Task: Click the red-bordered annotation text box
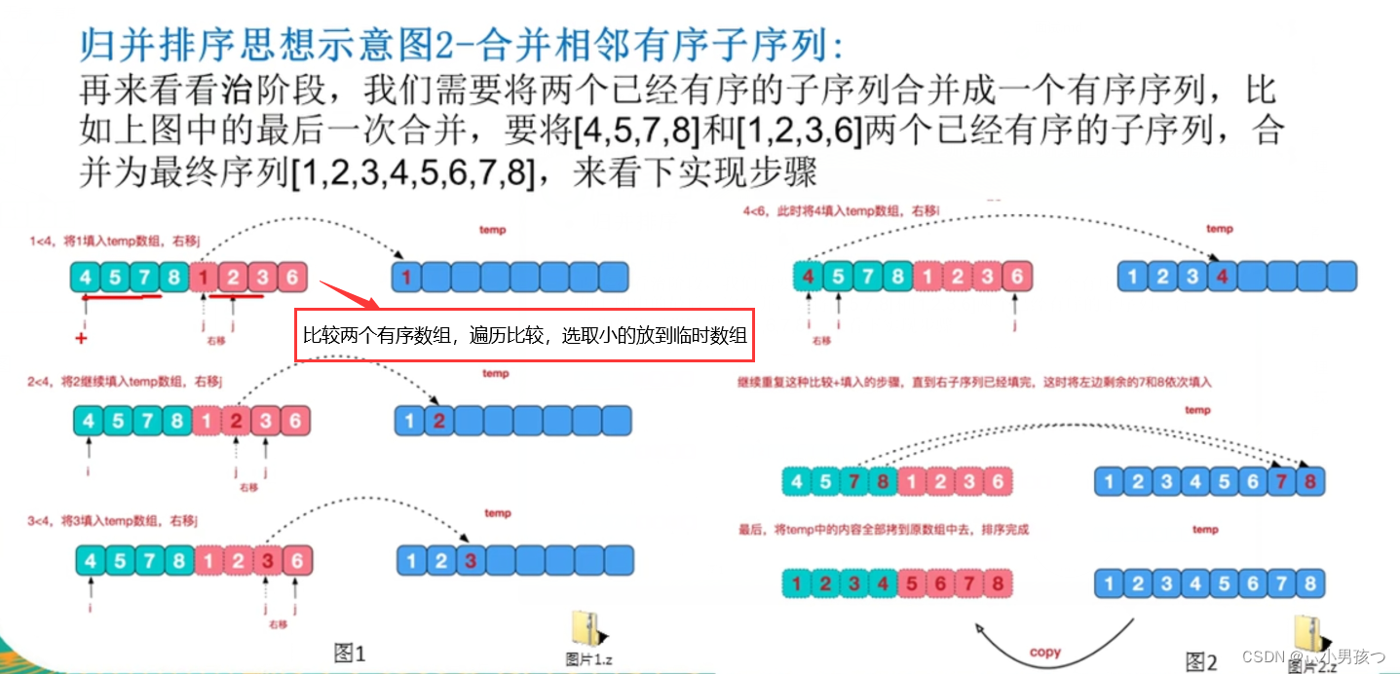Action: click(526, 335)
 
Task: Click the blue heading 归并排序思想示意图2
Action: click(458, 46)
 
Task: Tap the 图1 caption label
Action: click(349, 654)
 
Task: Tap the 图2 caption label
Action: click(1200, 662)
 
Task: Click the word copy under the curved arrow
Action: click(1044, 652)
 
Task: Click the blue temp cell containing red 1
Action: click(405, 278)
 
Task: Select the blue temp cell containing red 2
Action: click(439, 422)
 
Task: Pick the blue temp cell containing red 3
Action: click(471, 560)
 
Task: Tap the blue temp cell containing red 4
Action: click(1222, 277)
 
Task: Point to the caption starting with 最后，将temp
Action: click(884, 530)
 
